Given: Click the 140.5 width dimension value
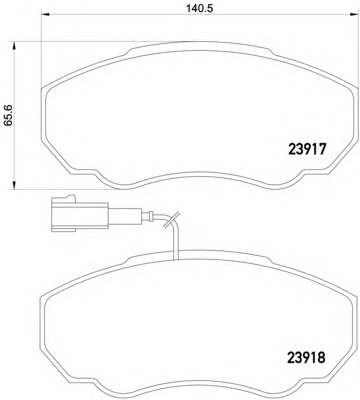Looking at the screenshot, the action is pyautogui.click(x=199, y=8).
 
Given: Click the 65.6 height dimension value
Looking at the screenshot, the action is pyautogui.click(x=8, y=115).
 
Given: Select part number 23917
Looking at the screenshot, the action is pyautogui.click(x=307, y=149).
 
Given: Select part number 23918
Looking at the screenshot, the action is pyautogui.click(x=306, y=358).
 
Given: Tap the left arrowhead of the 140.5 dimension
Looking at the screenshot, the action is pyautogui.click(x=45, y=14).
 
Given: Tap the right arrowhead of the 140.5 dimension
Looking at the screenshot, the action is pyautogui.click(x=353, y=14).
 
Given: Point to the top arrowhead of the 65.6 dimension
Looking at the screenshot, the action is pyautogui.click(x=14, y=46).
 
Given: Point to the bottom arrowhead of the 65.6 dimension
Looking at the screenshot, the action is pyautogui.click(x=14, y=185).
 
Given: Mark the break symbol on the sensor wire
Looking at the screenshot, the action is pyautogui.click(x=171, y=219).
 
